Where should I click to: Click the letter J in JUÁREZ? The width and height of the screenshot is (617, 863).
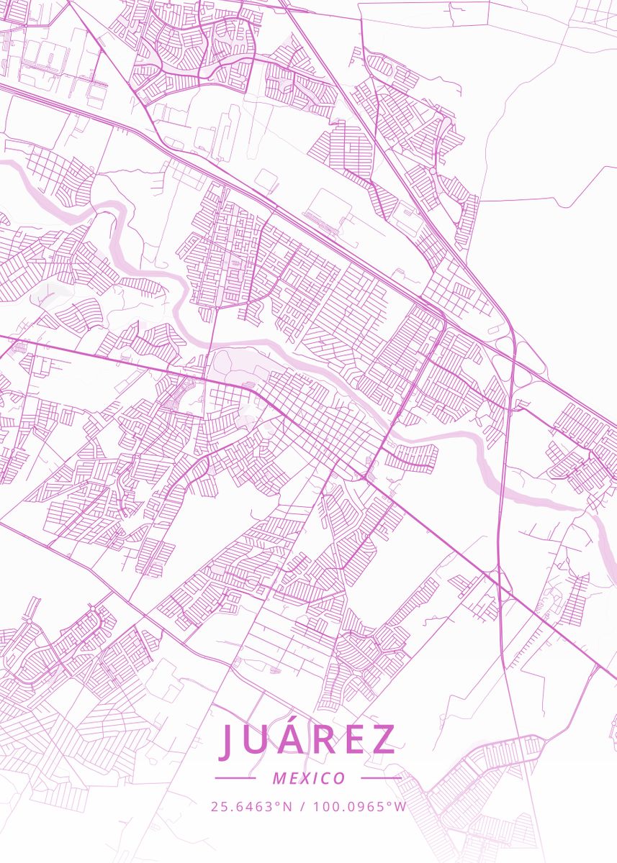(228, 740)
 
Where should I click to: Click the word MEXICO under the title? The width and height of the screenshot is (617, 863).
(309, 778)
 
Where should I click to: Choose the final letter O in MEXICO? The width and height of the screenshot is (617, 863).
(339, 778)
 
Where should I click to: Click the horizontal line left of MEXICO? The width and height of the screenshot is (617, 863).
(235, 778)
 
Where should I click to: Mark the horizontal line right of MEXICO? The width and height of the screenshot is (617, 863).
(381, 778)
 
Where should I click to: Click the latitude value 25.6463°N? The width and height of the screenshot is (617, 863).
(251, 806)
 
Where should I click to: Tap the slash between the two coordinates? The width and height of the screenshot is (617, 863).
(302, 806)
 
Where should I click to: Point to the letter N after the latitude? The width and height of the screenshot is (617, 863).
(287, 806)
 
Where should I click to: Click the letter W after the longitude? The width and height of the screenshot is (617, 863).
(400, 806)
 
